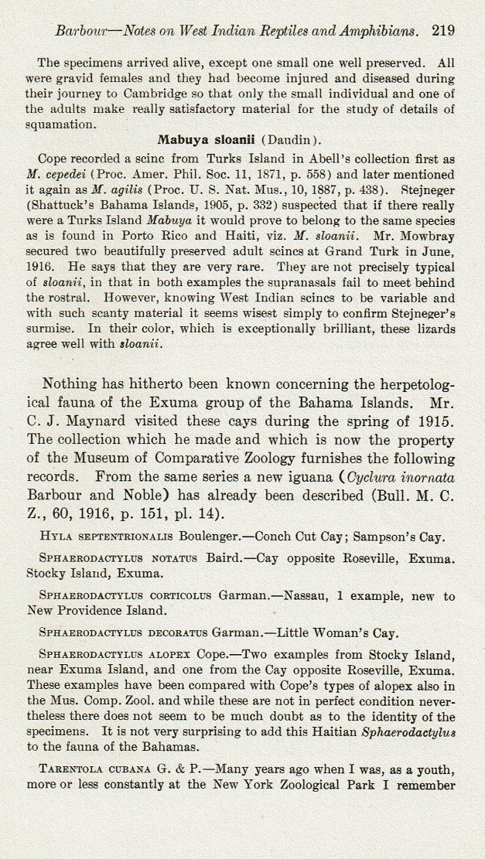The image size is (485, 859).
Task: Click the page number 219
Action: point(444,31)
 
